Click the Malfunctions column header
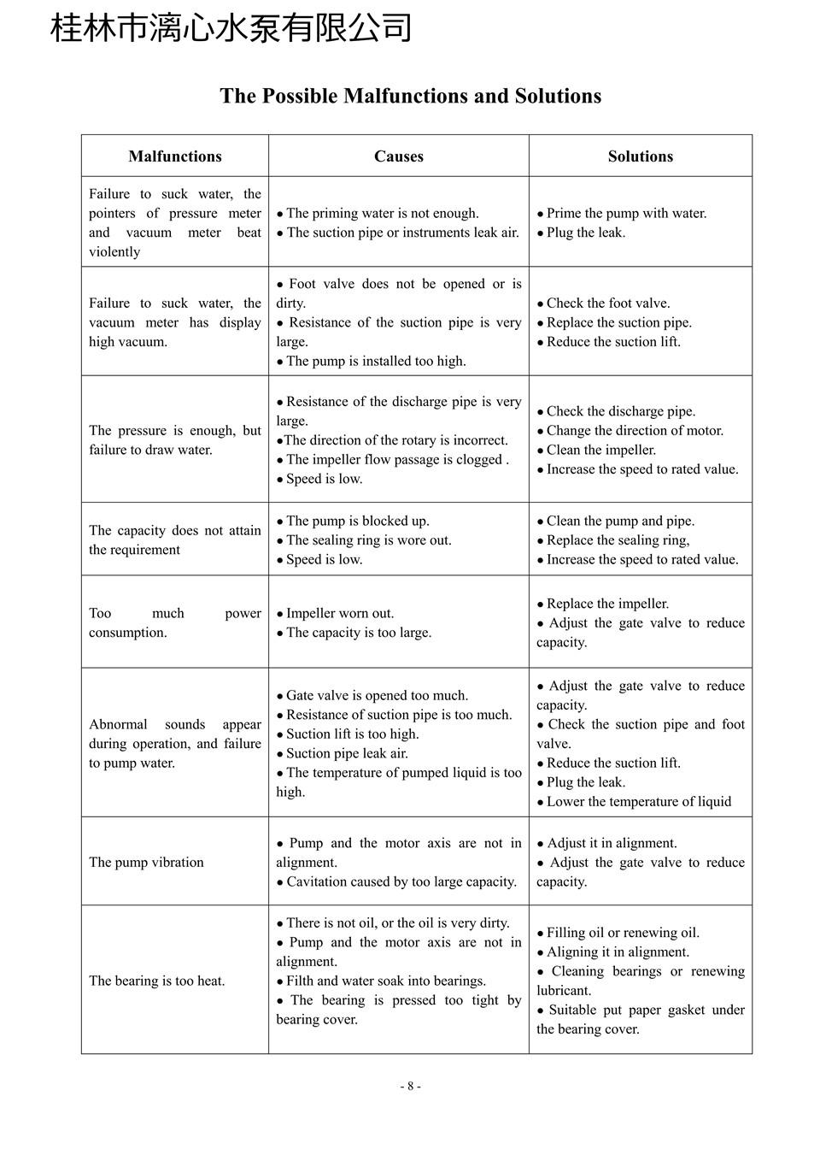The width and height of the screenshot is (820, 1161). (x=175, y=156)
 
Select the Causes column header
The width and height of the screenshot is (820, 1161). (x=399, y=156)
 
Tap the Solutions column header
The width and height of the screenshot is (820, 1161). (x=641, y=156)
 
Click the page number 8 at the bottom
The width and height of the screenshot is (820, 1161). (x=410, y=1087)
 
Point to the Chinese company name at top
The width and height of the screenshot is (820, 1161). (x=231, y=28)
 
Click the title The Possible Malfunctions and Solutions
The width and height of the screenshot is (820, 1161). (x=410, y=96)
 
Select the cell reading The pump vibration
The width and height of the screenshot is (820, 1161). (x=147, y=862)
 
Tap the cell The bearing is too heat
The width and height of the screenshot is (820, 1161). (x=157, y=981)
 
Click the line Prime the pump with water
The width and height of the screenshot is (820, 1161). (x=626, y=213)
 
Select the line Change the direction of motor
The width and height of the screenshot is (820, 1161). (x=635, y=430)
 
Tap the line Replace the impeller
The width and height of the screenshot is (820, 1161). (x=607, y=604)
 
